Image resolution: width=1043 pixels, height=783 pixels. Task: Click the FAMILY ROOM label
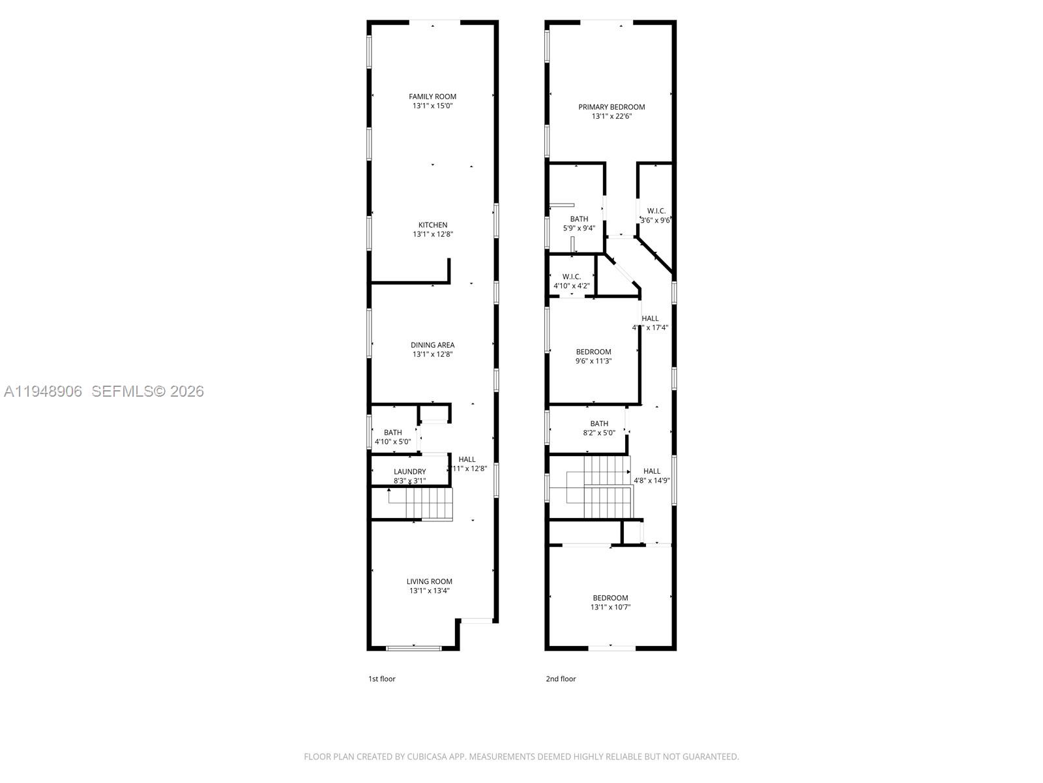click(x=432, y=97)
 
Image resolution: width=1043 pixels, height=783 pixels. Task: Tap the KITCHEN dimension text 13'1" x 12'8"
click(x=432, y=234)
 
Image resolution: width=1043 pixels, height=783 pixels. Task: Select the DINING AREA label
click(x=432, y=345)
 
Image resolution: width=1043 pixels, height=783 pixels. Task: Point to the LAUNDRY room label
click(x=409, y=472)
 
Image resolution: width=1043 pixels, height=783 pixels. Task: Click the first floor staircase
click(x=420, y=504)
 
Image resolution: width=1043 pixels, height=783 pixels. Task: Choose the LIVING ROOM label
click(x=429, y=581)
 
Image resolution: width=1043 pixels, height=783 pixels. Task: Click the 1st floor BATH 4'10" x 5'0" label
click(x=392, y=433)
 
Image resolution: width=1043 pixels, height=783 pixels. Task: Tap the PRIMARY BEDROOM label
click(x=611, y=107)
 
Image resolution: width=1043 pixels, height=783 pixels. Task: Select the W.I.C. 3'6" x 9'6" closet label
click(x=656, y=211)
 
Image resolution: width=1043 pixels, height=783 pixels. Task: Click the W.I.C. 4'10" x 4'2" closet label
click(x=571, y=277)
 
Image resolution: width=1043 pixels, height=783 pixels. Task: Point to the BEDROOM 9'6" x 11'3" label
click(x=593, y=352)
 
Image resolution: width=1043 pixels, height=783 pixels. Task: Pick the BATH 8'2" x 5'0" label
click(x=599, y=423)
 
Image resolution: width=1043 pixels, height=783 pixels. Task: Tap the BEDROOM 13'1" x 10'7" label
click(x=610, y=598)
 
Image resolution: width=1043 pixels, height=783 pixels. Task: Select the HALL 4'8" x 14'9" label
click(x=652, y=471)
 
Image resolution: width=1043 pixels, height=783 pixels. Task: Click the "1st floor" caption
click(x=382, y=679)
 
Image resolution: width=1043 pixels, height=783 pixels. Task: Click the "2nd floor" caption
click(x=561, y=679)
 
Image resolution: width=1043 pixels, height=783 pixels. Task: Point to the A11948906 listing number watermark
click(x=43, y=391)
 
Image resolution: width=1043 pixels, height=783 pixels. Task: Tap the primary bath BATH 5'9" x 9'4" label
click(x=579, y=219)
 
